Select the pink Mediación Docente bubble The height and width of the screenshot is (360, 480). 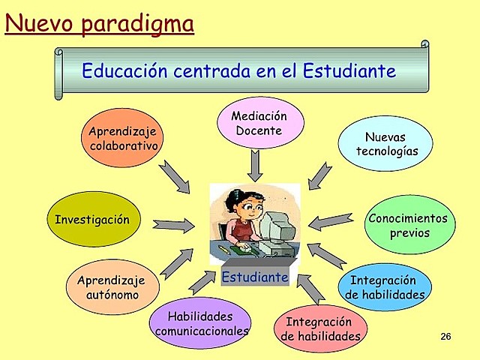pos(260,123)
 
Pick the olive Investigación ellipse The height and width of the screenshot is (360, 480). pos(92,220)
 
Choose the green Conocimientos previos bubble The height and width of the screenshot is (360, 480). pos(409,225)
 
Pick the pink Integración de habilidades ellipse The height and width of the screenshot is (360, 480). pos(320,329)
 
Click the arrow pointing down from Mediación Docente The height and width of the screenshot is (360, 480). pos(256,164)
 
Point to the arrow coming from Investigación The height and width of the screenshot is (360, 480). pos(173,223)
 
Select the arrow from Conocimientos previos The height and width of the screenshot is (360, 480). pos(331,220)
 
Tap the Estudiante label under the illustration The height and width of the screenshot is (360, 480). pos(255,277)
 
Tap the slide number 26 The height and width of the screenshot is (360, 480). pos(445,336)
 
